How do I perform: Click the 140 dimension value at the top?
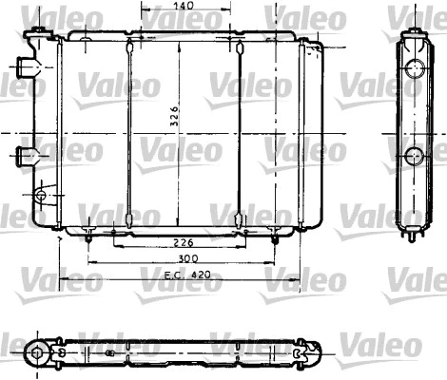tap(185, 7)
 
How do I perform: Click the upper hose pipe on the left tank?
tap(26, 69)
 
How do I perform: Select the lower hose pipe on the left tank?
tap(26, 154)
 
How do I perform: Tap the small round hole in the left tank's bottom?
tap(40, 196)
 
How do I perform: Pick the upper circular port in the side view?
tap(416, 68)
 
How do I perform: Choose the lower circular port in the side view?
tap(416, 156)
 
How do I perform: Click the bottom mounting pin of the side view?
tap(413, 235)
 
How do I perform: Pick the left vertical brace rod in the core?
tap(126, 133)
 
